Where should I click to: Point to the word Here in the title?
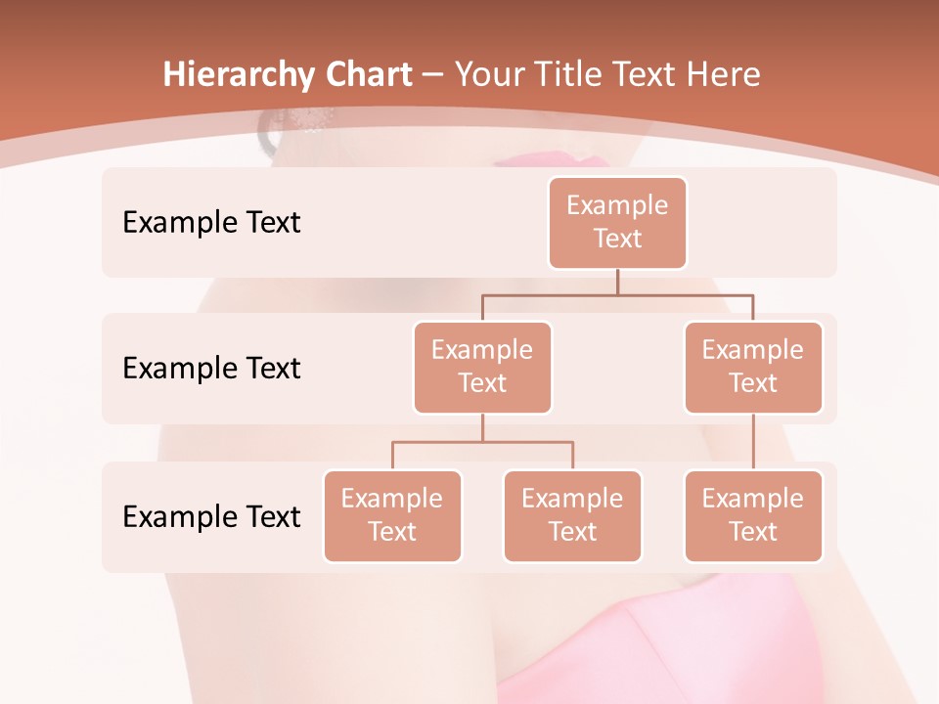tap(723, 75)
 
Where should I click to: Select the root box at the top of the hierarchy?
tap(617, 223)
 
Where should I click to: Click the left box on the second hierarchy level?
tap(482, 368)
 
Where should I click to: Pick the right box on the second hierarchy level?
tap(753, 368)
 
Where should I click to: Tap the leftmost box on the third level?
tap(392, 516)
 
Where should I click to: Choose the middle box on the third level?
tap(572, 516)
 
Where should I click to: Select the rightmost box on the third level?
tap(753, 516)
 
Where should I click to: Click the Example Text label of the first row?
tap(211, 223)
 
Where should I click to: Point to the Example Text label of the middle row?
tap(211, 369)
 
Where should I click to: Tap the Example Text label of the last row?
tap(211, 517)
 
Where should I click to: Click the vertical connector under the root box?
tap(617, 282)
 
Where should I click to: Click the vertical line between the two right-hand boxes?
tap(753, 442)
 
